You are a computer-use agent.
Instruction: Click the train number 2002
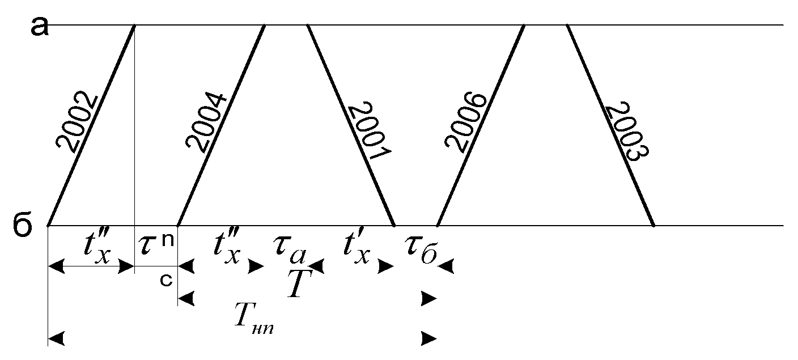point(77,122)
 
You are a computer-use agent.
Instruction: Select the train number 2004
point(206,123)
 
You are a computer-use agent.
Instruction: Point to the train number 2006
point(465,122)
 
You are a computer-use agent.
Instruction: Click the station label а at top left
point(39,27)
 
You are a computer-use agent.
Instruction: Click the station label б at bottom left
point(23,225)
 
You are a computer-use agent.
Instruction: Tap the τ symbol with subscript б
point(421,250)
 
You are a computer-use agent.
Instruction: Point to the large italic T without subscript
point(300,283)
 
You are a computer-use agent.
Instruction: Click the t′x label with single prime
point(357,247)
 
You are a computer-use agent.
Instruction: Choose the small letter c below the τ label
point(166,280)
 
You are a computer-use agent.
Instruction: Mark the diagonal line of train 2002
point(91,125)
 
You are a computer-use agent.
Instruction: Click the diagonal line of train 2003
point(610,125)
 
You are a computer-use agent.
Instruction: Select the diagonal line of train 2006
point(481,125)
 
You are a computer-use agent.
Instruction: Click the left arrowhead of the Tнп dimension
point(56,338)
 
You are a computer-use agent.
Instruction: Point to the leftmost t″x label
point(97,247)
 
